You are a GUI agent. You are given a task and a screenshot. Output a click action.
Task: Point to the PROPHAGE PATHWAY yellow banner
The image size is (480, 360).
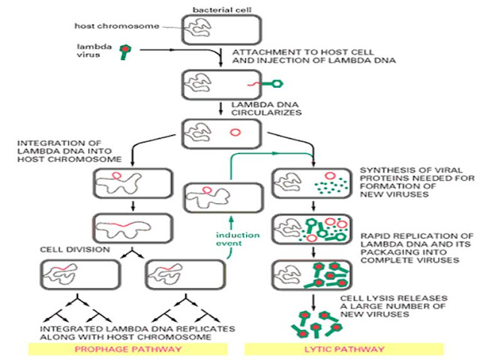[x=122, y=349]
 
